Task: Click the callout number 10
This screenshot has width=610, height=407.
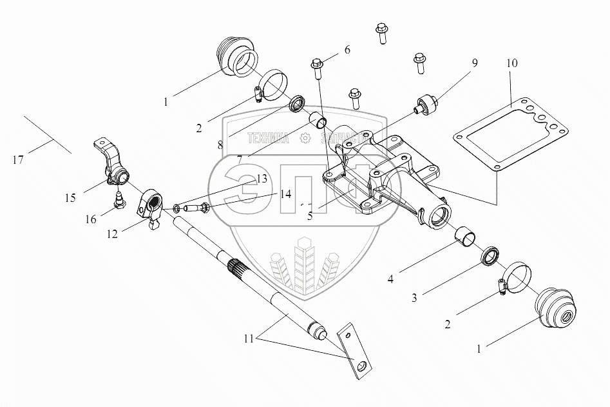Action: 511,64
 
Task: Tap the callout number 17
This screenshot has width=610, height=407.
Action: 18,160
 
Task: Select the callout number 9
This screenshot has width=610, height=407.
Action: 475,63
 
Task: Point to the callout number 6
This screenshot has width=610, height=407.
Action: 347,50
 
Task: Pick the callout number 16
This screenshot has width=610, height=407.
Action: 90,219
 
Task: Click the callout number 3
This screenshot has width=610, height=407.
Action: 414,297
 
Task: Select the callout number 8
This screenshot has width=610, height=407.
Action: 220,145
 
